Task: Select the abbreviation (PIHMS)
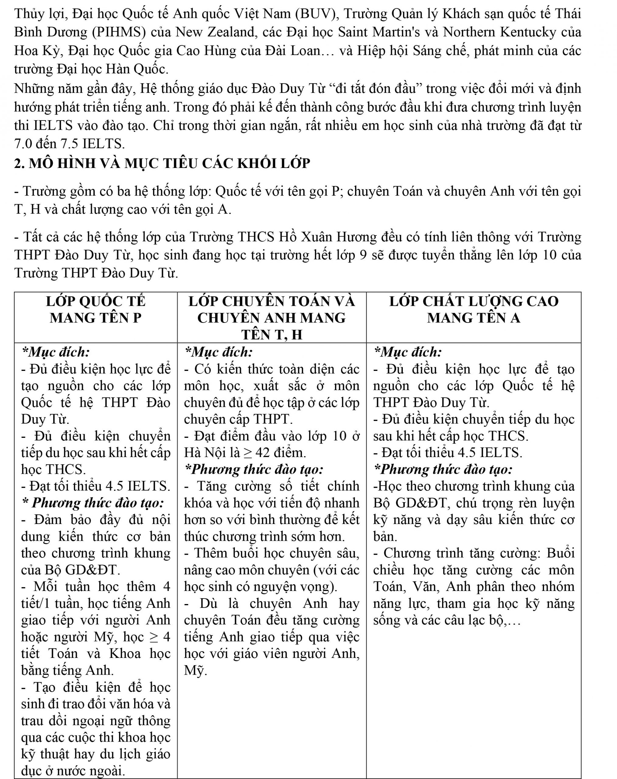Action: pos(119,32)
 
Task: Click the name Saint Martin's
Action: pos(379,32)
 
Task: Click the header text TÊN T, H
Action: pos(272,335)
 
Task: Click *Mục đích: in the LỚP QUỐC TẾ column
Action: pos(56,351)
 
